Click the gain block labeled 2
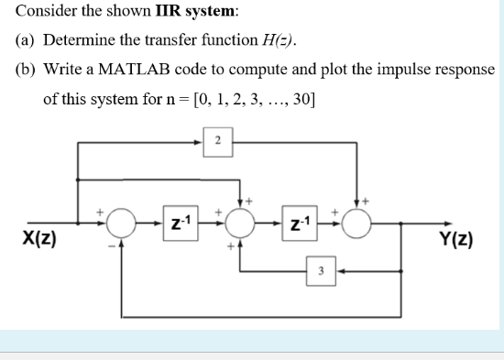[x=217, y=141]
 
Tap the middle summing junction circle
[x=241, y=223]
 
